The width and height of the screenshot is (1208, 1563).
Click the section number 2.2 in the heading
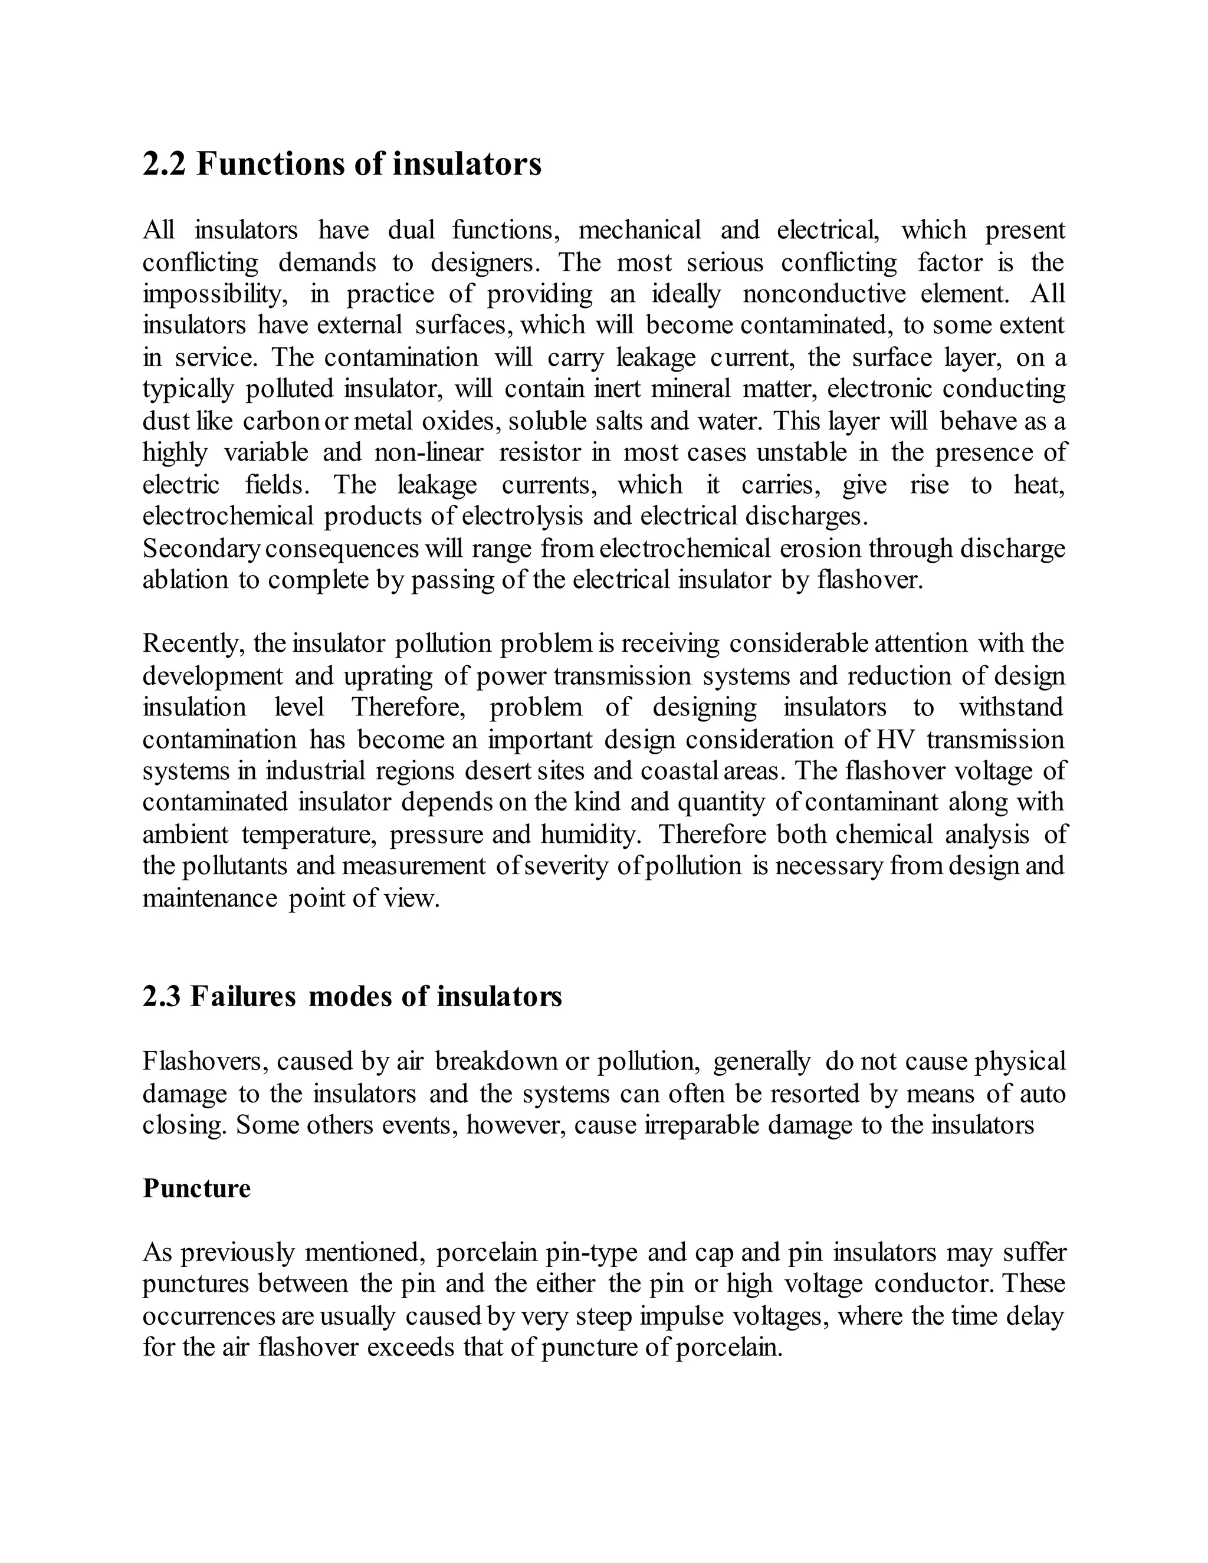click(x=164, y=164)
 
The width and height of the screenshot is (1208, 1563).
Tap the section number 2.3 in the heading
click(x=162, y=996)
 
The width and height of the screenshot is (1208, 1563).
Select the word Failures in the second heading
click(x=242, y=996)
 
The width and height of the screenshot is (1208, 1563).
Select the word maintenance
click(x=209, y=898)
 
